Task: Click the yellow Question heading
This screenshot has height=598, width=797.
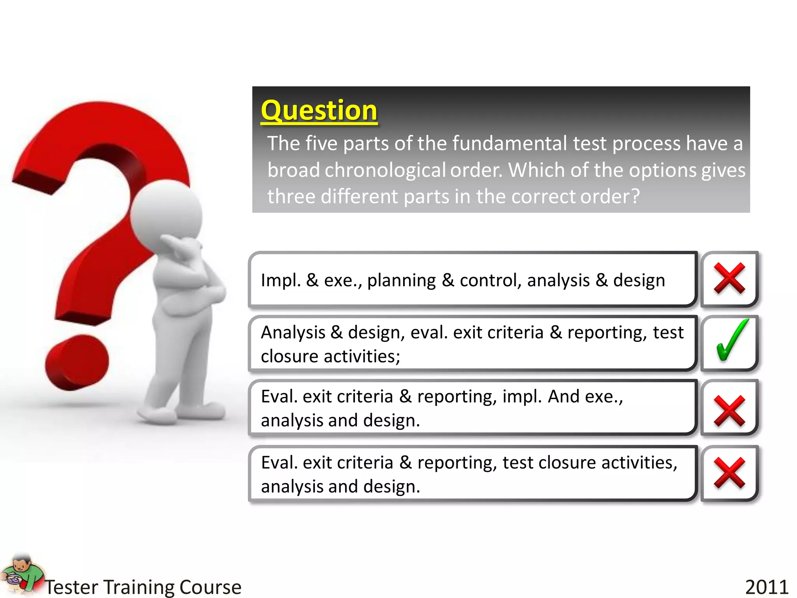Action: click(x=319, y=111)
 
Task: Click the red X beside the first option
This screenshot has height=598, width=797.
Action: click(x=729, y=278)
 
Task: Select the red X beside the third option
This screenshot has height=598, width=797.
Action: click(x=729, y=411)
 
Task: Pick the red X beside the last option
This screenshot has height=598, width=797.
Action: click(x=729, y=473)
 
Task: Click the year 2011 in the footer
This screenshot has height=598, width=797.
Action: click(x=766, y=587)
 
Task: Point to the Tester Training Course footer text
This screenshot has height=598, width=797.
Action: click(x=143, y=587)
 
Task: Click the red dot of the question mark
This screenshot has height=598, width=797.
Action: click(x=77, y=362)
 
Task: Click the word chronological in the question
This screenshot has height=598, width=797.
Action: click(x=385, y=170)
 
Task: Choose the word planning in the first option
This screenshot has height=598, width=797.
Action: click(x=401, y=280)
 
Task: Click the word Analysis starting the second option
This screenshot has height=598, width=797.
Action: click(x=293, y=332)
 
